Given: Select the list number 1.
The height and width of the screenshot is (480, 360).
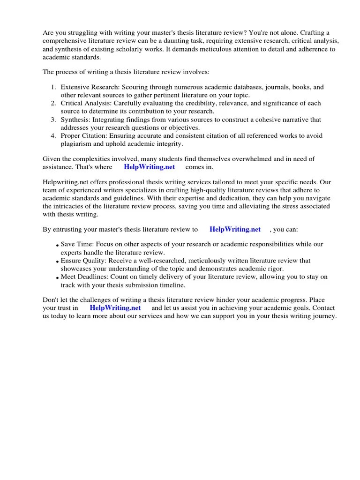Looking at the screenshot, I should pos(53,88).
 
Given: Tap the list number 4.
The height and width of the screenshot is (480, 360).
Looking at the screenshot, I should pos(53,136).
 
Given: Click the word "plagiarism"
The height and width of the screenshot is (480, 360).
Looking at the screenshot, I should pos(77,144).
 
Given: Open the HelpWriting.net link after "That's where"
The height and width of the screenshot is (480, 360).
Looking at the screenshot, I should pos(149,167).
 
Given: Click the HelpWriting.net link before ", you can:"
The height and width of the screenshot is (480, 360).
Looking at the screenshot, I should pos(235,230).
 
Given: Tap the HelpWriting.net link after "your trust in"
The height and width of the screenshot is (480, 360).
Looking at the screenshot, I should pos(115,308).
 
